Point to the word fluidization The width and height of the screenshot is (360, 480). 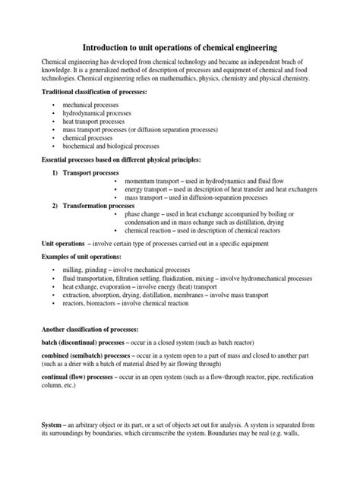click(202, 280)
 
